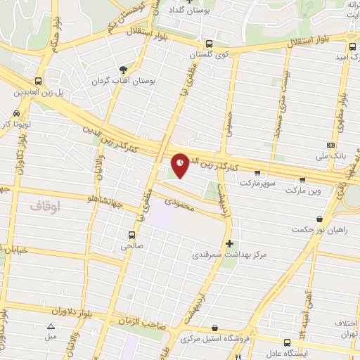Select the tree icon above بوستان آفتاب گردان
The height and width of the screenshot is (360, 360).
point(124,70)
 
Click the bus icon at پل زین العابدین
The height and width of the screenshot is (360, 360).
point(38,81)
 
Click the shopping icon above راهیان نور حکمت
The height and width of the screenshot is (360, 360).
point(320,219)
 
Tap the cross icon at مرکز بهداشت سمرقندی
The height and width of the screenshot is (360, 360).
point(229,243)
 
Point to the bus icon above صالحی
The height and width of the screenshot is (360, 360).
point(131,235)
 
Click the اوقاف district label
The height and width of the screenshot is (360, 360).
point(48,206)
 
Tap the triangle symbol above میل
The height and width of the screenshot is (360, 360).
point(51,326)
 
